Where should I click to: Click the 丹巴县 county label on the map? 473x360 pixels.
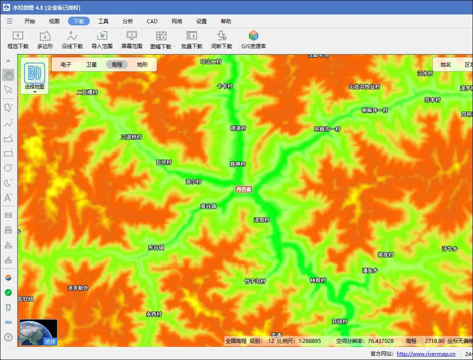click(x=244, y=189)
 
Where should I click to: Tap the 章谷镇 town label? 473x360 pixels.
click(x=208, y=206)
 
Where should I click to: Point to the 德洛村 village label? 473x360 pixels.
click(x=238, y=128)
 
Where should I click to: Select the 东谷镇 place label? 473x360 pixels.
click(x=156, y=247)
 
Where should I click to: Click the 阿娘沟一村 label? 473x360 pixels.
click(x=327, y=129)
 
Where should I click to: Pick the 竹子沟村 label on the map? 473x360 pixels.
click(x=255, y=281)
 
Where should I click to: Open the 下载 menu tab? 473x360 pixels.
click(x=79, y=21)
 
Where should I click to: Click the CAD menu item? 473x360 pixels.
click(x=152, y=21)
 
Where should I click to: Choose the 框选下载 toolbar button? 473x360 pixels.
click(x=18, y=40)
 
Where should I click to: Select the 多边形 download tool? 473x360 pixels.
click(x=45, y=40)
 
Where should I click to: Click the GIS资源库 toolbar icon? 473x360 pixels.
click(x=254, y=40)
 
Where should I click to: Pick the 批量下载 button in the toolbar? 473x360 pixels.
click(x=192, y=40)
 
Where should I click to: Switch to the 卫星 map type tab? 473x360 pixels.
click(x=92, y=64)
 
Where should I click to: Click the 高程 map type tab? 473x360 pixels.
click(x=117, y=64)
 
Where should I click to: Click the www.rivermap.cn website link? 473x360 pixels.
click(x=426, y=354)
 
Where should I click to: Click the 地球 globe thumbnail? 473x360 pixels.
click(x=39, y=332)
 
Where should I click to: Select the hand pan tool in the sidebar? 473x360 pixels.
click(x=8, y=75)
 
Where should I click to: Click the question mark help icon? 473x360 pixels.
click(x=8, y=337)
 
